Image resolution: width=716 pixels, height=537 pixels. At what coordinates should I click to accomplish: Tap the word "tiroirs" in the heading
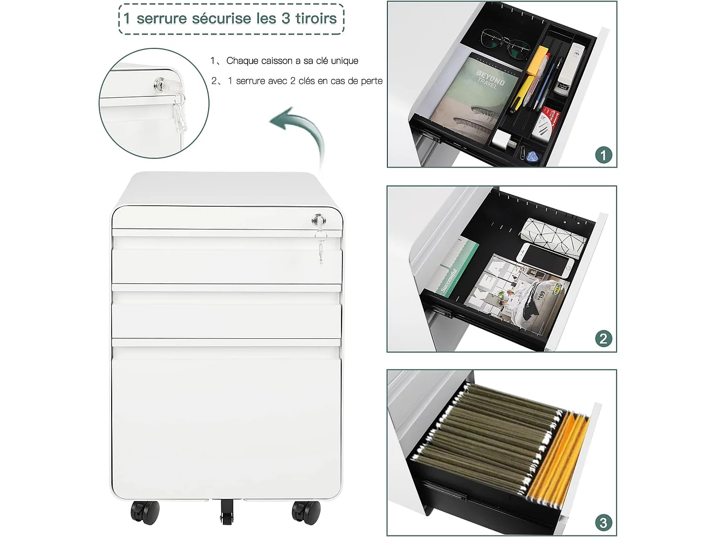[x=316, y=19]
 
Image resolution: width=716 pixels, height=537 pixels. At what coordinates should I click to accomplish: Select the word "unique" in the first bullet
[x=344, y=61]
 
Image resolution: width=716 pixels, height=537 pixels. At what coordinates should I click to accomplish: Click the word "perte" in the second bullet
[x=371, y=81]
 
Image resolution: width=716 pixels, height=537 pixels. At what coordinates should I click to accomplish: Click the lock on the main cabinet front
[x=319, y=220]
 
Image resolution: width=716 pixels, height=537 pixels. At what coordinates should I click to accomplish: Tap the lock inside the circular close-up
[x=161, y=85]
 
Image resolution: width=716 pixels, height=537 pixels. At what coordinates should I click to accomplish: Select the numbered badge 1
[x=603, y=155]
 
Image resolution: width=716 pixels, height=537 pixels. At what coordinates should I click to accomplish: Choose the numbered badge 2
[x=603, y=339]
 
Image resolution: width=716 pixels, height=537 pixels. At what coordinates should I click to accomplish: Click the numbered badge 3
[x=603, y=523]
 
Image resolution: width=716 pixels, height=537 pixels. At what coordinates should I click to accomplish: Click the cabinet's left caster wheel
[x=145, y=512]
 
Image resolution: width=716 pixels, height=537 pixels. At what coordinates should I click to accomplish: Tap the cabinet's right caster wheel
[x=306, y=512]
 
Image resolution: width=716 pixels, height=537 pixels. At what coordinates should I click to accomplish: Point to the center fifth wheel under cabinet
[x=226, y=511]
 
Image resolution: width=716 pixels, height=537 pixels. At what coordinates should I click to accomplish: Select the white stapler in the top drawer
[x=571, y=69]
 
